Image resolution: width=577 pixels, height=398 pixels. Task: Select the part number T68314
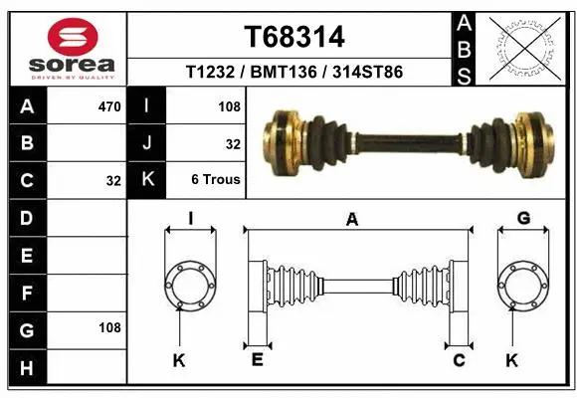pyautogui.click(x=294, y=37)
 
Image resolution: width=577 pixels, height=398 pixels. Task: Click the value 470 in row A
pyautogui.click(x=109, y=104)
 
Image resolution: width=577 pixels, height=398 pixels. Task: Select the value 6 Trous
pyautogui.click(x=216, y=180)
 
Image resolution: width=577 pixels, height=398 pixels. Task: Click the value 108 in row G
pyautogui.click(x=109, y=327)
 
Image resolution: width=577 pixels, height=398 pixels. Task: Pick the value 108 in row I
pyautogui.click(x=229, y=104)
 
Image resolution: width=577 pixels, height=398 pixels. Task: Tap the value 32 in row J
pyautogui.click(x=233, y=143)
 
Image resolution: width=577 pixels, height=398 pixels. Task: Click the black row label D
pyautogui.click(x=26, y=216)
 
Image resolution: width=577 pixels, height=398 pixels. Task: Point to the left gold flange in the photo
pyautogui.click(x=285, y=138)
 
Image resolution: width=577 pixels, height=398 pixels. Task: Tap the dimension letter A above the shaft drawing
pyautogui.click(x=351, y=221)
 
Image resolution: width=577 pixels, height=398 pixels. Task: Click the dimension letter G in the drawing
pyautogui.click(x=523, y=219)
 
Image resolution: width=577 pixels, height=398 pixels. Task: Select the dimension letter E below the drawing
pyautogui.click(x=257, y=360)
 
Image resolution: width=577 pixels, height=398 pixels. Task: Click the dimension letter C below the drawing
pyautogui.click(x=460, y=360)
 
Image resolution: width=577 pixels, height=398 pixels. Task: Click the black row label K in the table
pyautogui.click(x=146, y=180)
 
